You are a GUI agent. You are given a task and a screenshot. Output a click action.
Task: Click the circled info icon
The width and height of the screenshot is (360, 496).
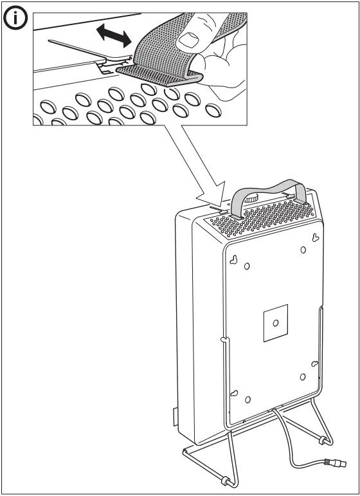pyautogui.click(x=16, y=19)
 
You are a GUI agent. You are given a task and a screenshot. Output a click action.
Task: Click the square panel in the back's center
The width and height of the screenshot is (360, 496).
pyautogui.click(x=275, y=321)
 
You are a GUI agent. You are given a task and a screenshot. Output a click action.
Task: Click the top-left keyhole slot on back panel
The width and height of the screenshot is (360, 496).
pyautogui.click(x=235, y=259)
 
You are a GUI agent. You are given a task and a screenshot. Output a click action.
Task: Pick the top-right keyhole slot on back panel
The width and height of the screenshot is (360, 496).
pyautogui.click(x=314, y=238)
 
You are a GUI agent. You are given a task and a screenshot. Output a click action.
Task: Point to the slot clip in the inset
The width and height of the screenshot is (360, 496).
pyautogui.click(x=106, y=64)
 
